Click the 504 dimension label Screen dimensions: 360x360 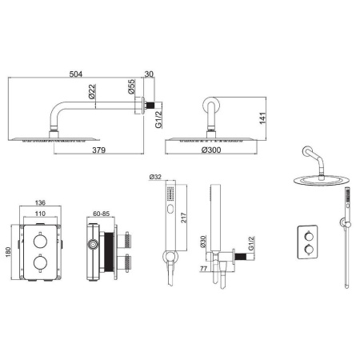[x=76, y=74]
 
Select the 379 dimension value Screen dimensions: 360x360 [x=99, y=150]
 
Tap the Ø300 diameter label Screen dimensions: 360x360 [x=211, y=150]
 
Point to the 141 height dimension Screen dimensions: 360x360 [x=263, y=118]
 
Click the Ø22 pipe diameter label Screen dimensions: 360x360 [x=92, y=91]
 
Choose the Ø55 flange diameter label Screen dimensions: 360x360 [x=131, y=86]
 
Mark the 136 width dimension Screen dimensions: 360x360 [x=40, y=202]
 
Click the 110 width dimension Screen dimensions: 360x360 [x=40, y=214]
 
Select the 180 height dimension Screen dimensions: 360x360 [x=8, y=252]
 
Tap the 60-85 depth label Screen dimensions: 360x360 [x=102, y=214]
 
